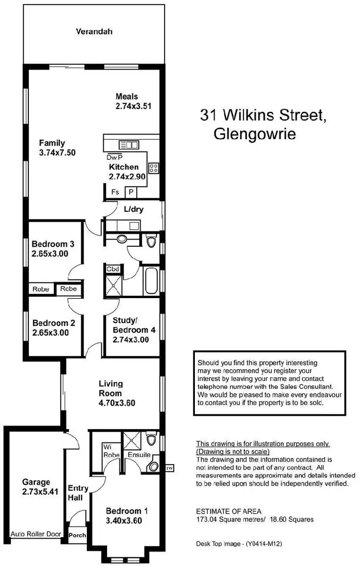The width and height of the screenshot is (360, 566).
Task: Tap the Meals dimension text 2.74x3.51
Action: tap(133, 107)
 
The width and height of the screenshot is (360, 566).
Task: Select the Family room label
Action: tap(52, 143)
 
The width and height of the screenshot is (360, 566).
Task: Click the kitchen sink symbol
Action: tap(129, 144)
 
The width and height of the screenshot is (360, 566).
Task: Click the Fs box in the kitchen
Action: tap(115, 192)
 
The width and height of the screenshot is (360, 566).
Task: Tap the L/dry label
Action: tap(134, 209)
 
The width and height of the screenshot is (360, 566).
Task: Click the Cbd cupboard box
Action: tap(113, 269)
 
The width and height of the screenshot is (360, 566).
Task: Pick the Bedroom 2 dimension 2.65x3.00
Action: tap(51, 332)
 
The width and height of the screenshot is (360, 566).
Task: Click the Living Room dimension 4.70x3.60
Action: tap(117, 403)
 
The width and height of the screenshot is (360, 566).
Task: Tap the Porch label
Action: tap(77, 535)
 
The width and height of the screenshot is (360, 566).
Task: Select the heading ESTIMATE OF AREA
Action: tap(229, 511)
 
